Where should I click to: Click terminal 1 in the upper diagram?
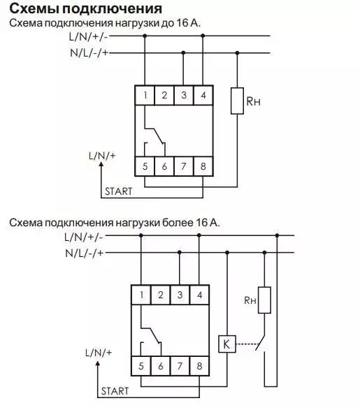tap(145, 95)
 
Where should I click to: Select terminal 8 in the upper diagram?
tap(203, 166)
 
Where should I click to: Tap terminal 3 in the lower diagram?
tap(180, 295)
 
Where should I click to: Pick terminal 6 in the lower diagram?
tap(160, 366)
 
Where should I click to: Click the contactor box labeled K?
tap(226, 344)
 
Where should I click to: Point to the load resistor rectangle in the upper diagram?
tap(237, 101)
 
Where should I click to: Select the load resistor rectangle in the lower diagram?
tap(264, 300)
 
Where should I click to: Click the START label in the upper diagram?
tap(119, 191)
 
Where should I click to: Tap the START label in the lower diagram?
tap(115, 391)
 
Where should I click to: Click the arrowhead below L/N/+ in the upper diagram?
tap(101, 164)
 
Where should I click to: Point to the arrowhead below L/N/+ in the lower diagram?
tap(98, 364)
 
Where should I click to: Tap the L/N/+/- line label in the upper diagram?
tap(88, 36)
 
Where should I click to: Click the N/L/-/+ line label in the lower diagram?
tap(85, 253)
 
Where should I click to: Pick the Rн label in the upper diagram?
tap(253, 101)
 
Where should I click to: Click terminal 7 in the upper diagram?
tap(184, 166)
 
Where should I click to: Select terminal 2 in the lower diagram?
tap(160, 295)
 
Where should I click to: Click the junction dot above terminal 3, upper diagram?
tap(183, 53)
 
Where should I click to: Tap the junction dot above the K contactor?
tap(227, 253)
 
